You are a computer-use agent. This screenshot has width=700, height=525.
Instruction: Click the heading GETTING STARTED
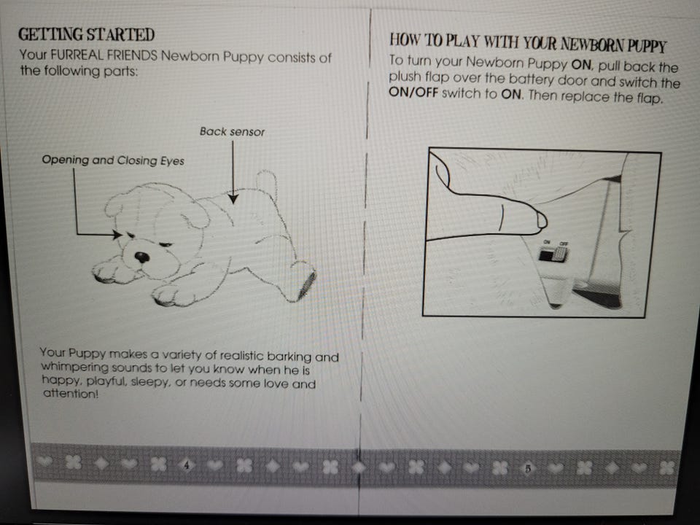click(87, 34)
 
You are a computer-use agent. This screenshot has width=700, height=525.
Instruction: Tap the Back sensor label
click(232, 132)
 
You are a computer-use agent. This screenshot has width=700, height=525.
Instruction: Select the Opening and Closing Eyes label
click(113, 160)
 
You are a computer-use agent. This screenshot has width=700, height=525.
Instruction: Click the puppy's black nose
click(142, 257)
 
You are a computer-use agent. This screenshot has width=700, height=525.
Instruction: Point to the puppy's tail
click(268, 183)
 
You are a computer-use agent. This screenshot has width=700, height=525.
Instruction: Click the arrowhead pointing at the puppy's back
click(233, 198)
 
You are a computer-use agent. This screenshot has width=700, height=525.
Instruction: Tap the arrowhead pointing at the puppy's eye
click(117, 234)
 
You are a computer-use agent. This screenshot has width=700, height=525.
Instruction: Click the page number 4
click(187, 465)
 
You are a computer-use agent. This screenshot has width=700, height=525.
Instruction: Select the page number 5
click(528, 468)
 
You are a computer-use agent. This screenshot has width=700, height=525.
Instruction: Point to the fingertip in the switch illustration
click(540, 219)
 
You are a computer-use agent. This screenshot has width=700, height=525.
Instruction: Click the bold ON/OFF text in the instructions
click(413, 93)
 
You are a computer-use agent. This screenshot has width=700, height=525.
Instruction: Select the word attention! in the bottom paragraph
click(71, 393)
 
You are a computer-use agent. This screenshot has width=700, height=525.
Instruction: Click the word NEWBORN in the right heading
click(591, 44)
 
